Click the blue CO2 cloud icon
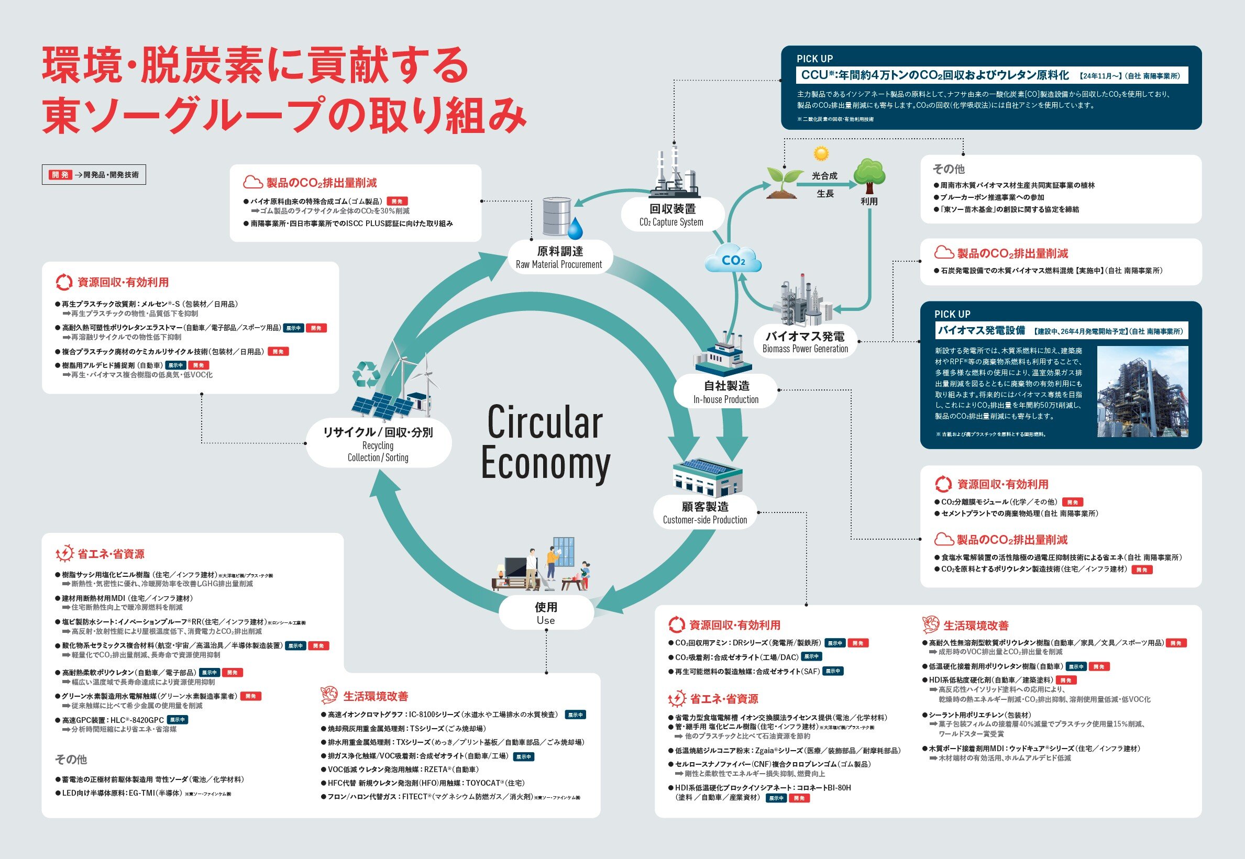pos(733,261)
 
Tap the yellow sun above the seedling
pos(821,154)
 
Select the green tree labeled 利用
pos(869,175)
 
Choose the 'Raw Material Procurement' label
pos(559,264)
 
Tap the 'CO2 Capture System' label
pos(671,222)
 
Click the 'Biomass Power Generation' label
pos(805,349)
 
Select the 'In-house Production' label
pos(726,399)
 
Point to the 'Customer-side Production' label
pos(705,520)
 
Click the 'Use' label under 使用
pos(545,620)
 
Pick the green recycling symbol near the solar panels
pos(366,374)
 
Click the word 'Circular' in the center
pos(544,423)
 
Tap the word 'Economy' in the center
pos(545,463)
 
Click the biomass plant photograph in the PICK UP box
pos(1142,391)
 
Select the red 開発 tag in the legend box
pos(60,175)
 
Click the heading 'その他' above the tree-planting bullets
pos(949,169)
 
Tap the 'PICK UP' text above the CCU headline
pos(815,59)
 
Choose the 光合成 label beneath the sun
pos(824,176)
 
